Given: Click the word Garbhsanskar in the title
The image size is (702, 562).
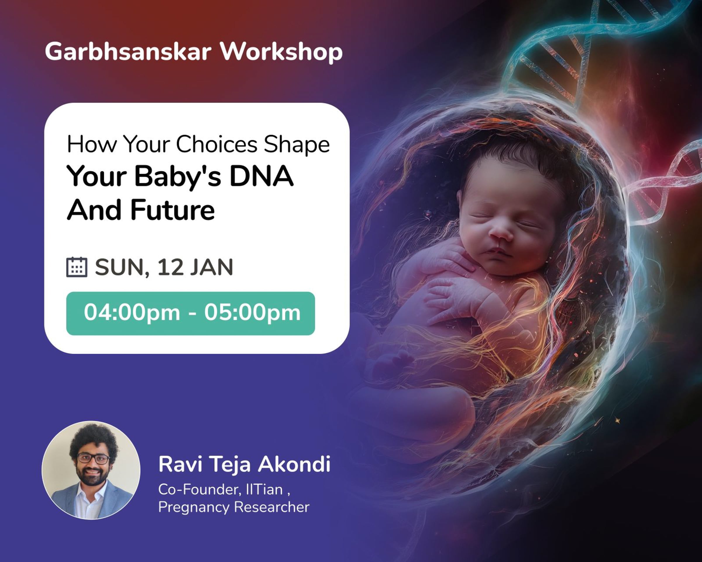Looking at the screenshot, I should pos(128,52).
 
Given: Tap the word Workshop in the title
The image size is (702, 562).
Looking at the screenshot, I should pos(281,52).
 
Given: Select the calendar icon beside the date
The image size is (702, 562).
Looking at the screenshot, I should pos(77,267).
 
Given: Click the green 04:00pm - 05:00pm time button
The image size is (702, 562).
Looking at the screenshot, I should pos(190,313).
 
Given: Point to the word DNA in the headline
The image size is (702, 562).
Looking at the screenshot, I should pos(261,176).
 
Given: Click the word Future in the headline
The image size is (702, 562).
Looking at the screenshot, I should pos(173,210).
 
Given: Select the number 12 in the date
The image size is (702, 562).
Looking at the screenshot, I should pos(170,267).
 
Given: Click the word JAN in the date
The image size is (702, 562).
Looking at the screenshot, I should pos(212,267).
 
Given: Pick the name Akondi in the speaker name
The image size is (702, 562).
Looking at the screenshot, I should pos(294,464).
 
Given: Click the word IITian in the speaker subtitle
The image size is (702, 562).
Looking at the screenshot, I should pos(264,489).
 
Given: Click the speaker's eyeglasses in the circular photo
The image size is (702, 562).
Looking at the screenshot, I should pos(93,459).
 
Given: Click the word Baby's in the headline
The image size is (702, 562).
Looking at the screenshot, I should pos(178,176).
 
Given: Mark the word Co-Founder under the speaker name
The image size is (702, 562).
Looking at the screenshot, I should pos(199,489).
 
